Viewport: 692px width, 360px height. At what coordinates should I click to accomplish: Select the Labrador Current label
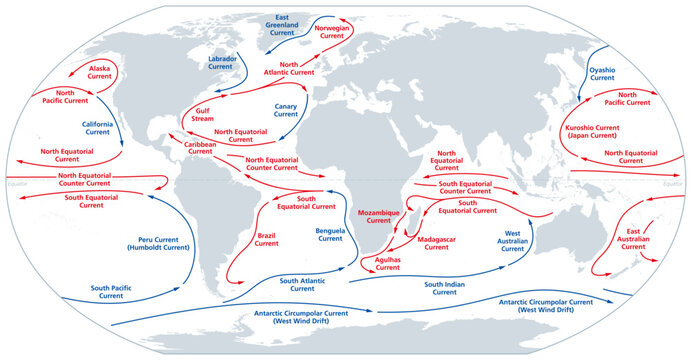222,64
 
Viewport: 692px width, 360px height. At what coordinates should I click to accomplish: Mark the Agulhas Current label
387,264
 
